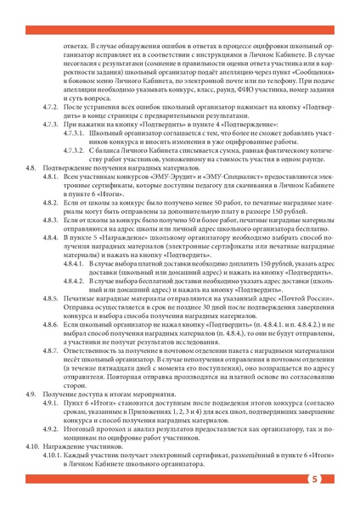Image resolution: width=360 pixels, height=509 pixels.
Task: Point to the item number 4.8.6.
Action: tap(52, 348)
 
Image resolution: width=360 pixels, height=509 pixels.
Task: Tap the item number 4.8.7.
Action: tap(52, 372)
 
